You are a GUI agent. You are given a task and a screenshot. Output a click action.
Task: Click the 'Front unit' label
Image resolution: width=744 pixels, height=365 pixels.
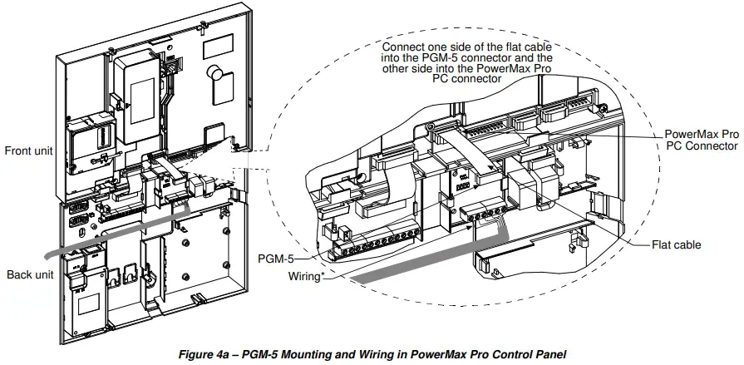pyautogui.click(x=29, y=150)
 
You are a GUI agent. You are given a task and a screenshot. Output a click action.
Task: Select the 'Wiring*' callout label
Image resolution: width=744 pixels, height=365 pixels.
pyautogui.click(x=305, y=276)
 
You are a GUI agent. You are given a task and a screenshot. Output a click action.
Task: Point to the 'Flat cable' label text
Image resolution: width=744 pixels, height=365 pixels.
pyautogui.click(x=676, y=245)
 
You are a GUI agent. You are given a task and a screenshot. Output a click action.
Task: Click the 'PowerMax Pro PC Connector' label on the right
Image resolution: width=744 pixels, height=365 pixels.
pyautogui.click(x=702, y=140)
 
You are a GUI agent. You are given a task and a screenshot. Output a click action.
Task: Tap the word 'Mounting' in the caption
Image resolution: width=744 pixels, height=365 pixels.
pyautogui.click(x=287, y=353)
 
